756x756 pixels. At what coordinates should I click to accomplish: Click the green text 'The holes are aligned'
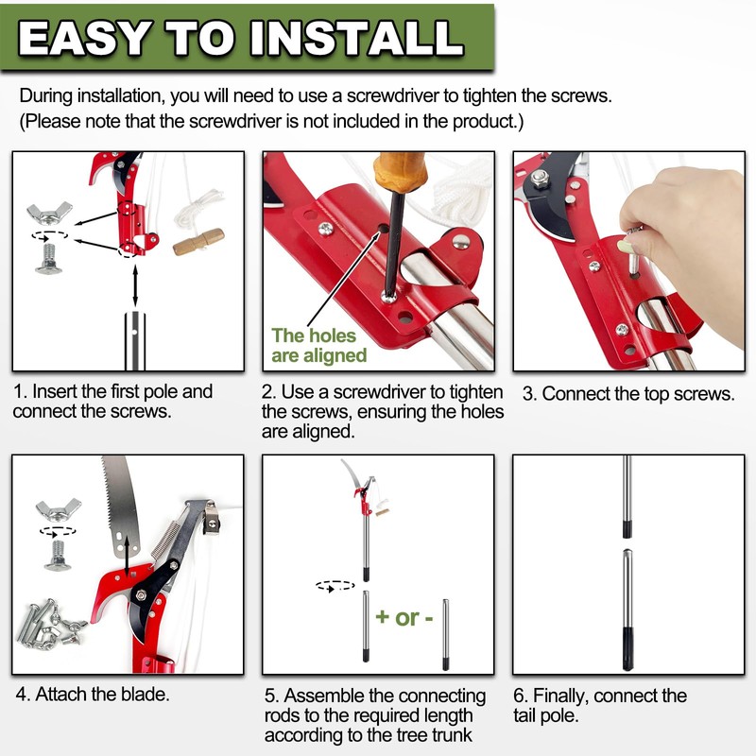coord(318,346)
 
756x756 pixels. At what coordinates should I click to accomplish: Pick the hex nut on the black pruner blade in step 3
coord(540,177)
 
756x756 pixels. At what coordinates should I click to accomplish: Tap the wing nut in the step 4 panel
coord(58,510)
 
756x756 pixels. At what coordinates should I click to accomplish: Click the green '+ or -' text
coord(404,617)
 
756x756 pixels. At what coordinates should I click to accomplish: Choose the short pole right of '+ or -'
coord(445,633)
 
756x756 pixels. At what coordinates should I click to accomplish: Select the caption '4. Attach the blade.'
coord(93,695)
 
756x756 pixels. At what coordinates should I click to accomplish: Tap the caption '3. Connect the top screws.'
coord(628,394)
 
